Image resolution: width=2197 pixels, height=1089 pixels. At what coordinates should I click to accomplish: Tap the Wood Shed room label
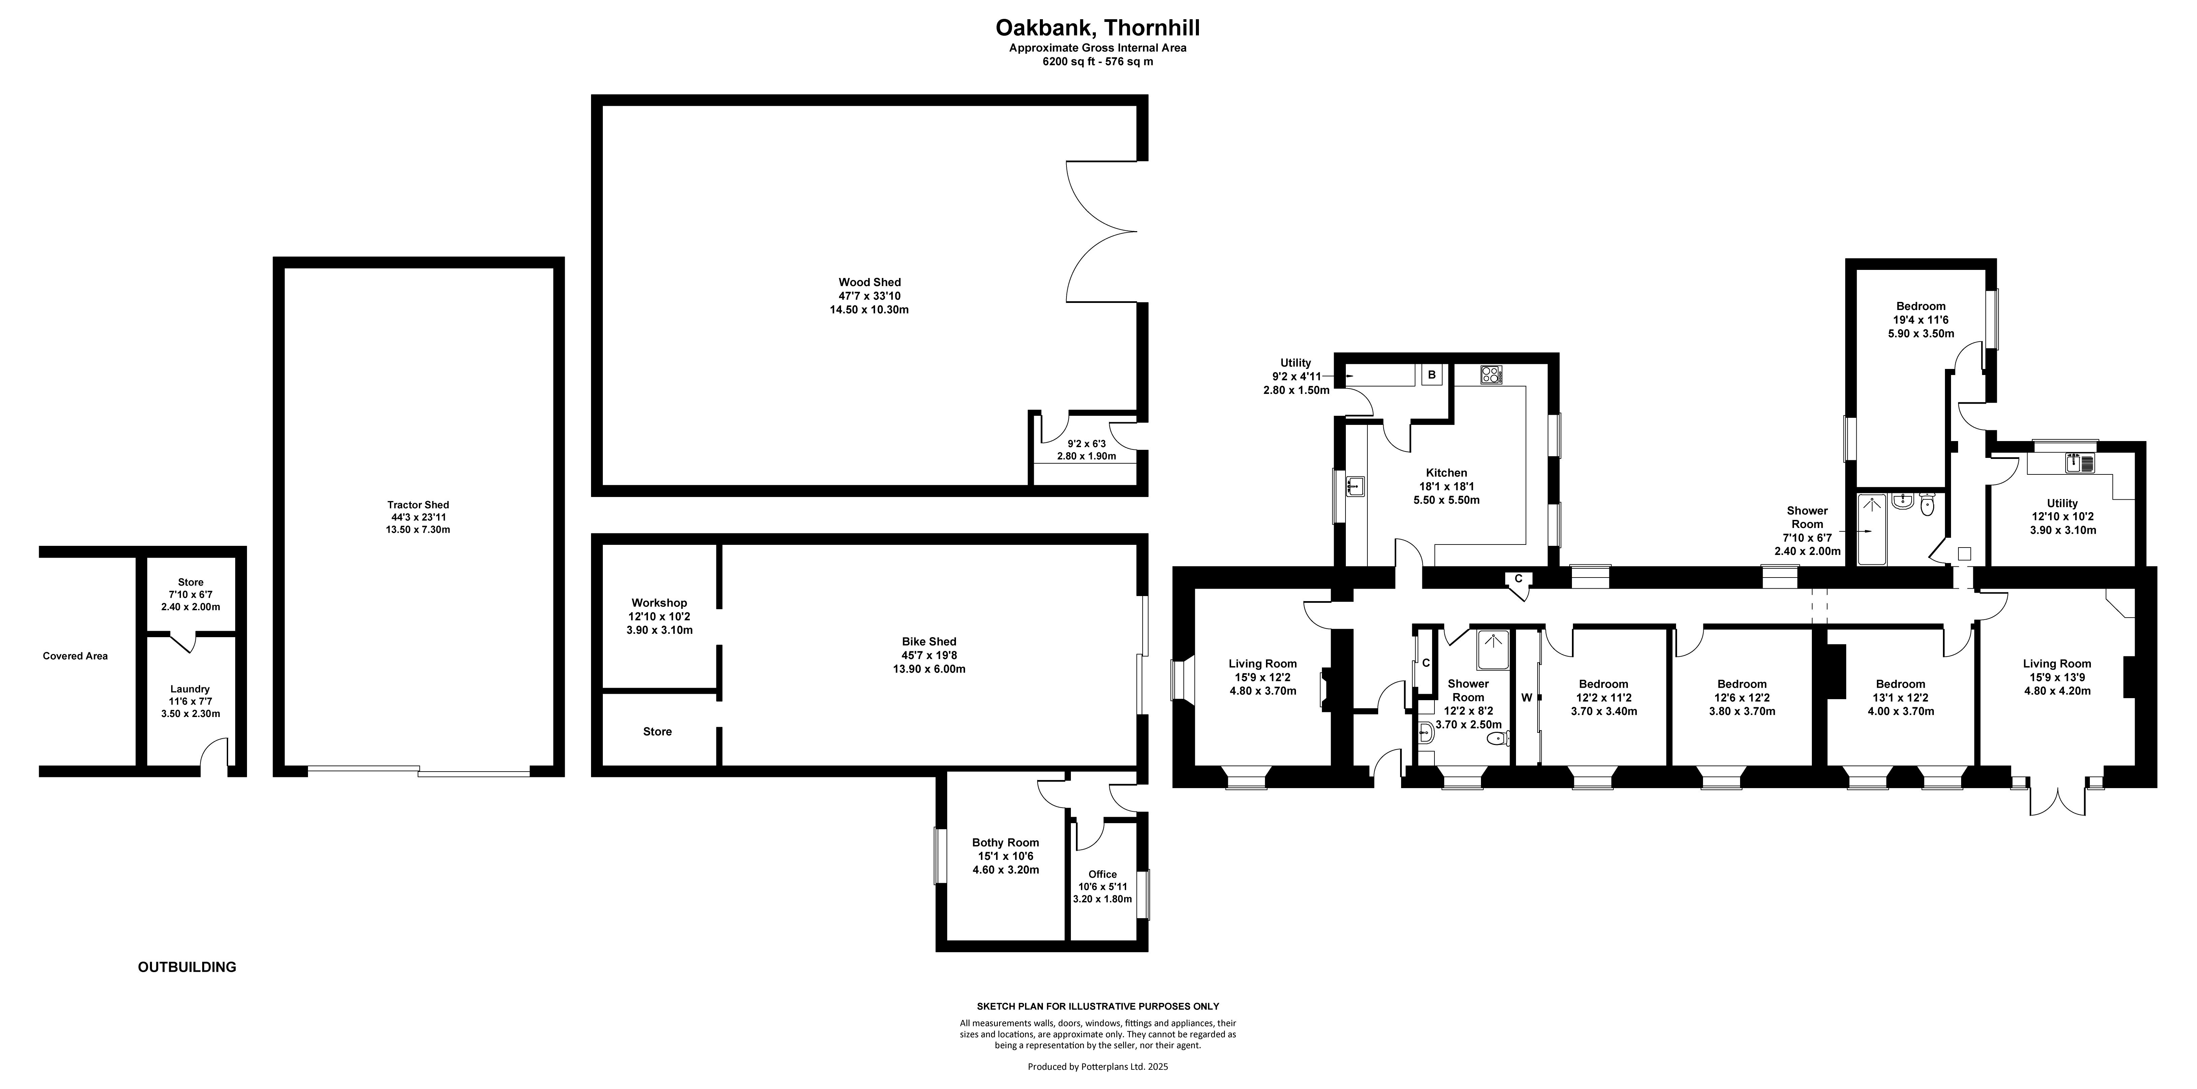[869, 282]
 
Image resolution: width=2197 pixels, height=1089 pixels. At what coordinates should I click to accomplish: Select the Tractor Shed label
[418, 505]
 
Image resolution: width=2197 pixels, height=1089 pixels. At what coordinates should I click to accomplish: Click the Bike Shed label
[929, 641]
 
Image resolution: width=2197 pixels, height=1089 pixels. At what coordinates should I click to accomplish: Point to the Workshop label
[659, 603]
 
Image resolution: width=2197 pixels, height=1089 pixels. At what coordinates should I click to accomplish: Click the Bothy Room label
[1005, 843]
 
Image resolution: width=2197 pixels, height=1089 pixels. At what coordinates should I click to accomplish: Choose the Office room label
[1103, 874]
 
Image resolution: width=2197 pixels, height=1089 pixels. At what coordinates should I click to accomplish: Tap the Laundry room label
[190, 689]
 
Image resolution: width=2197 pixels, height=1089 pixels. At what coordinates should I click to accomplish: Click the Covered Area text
[75, 656]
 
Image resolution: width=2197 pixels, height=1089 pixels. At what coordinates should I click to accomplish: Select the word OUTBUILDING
[187, 967]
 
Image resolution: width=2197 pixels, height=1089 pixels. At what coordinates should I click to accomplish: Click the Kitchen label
[1447, 472]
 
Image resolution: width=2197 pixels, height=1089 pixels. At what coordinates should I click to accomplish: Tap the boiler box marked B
[1432, 374]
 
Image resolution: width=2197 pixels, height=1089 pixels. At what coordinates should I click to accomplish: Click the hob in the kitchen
[1491, 374]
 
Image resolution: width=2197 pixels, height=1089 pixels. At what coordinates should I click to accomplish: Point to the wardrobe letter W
[1527, 697]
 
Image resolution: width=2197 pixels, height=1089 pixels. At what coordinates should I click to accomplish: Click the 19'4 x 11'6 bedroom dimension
[1921, 320]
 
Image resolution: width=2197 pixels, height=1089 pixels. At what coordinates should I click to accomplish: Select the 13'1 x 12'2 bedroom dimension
[1900, 697]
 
